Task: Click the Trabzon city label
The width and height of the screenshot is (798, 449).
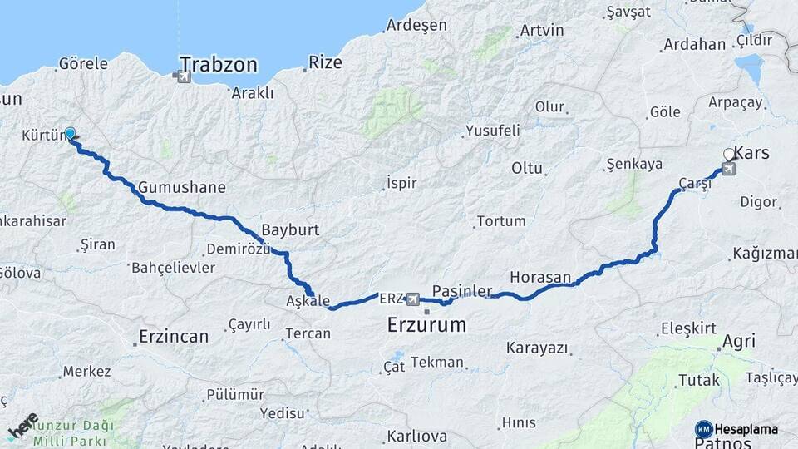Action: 219,64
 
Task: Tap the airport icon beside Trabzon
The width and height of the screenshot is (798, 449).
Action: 182,77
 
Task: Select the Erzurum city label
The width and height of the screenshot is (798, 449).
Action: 426,325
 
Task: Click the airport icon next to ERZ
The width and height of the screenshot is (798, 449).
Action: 412,298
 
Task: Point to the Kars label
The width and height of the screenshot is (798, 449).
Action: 753,154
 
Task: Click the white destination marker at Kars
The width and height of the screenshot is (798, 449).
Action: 729,155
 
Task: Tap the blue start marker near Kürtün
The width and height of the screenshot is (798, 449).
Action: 70,133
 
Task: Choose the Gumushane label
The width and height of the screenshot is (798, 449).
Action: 182,187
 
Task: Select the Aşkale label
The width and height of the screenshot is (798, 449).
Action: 308,301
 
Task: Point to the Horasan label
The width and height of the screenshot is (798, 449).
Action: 540,277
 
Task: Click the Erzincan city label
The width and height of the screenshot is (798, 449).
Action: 173,337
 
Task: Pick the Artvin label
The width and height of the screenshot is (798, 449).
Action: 541,31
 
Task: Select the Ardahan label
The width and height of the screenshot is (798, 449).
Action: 696,44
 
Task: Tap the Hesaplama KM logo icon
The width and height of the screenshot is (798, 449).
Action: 703,429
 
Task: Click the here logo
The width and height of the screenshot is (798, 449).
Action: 22,426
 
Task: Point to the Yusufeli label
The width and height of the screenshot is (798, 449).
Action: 492,131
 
